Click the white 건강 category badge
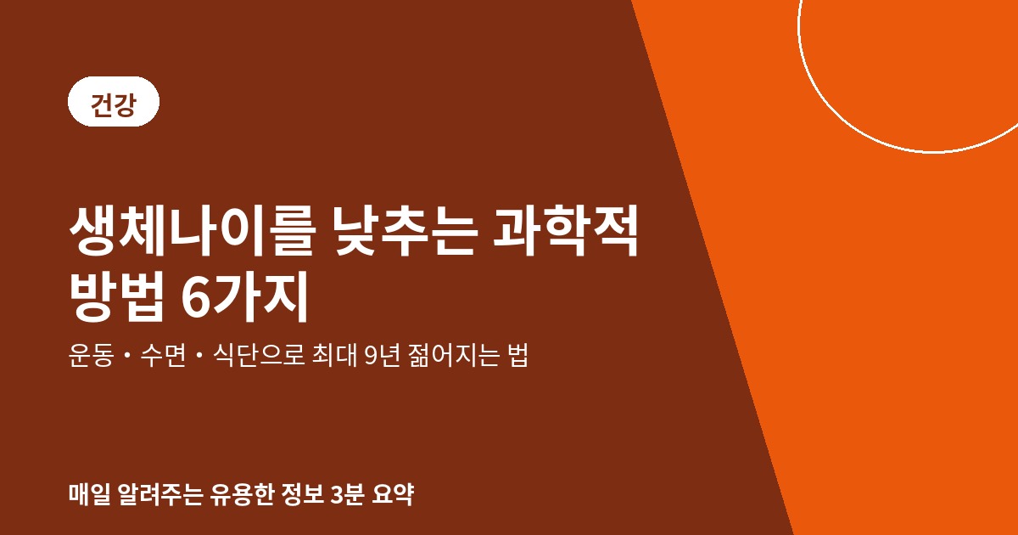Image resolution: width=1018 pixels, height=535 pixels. [x=114, y=101]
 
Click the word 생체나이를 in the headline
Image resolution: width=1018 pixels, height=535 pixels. [x=193, y=232]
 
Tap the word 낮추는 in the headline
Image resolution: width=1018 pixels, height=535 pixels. [x=406, y=232]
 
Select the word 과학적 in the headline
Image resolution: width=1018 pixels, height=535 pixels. [x=566, y=232]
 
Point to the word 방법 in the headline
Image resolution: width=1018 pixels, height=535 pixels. [x=116, y=296]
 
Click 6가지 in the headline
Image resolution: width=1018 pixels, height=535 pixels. [x=245, y=296]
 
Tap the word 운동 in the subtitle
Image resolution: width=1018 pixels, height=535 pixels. [x=91, y=355]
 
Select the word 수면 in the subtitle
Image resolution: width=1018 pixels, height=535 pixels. [x=163, y=355]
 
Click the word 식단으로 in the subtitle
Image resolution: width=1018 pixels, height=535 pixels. [x=259, y=355]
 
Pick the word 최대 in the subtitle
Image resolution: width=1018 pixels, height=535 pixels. [x=335, y=355]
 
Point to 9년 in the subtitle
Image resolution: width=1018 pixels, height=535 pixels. [x=383, y=355]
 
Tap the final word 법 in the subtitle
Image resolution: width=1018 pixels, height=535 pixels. [x=518, y=355]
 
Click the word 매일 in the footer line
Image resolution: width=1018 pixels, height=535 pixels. [x=90, y=494]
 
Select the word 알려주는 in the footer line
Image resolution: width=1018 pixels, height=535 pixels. [x=159, y=494]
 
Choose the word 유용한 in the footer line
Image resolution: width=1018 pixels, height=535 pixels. [x=241, y=494]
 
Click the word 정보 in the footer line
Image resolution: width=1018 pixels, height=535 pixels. [x=302, y=494]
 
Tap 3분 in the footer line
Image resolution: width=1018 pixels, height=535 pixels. [x=347, y=494]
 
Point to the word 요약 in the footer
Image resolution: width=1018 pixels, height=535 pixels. [x=393, y=494]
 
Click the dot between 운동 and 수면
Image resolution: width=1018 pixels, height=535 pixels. [x=126, y=355]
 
